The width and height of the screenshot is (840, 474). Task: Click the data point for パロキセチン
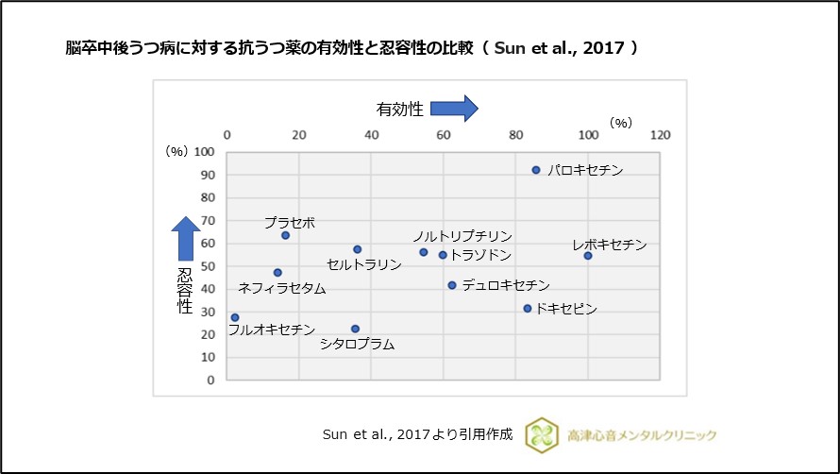[x=536, y=170]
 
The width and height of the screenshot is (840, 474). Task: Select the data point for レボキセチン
[x=587, y=256]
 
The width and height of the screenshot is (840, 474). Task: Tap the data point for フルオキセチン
[x=235, y=317]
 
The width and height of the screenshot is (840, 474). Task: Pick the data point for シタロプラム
[x=355, y=329]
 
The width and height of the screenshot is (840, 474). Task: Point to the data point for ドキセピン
[x=528, y=308]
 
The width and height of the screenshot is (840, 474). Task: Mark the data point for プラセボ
[x=285, y=235]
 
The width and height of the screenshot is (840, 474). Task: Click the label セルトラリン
[x=364, y=264]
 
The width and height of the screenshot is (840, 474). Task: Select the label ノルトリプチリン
[x=462, y=236]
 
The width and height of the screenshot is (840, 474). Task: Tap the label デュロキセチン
[x=506, y=285]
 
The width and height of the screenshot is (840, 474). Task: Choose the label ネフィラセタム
[x=282, y=288]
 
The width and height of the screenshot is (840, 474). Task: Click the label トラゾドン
[x=480, y=255]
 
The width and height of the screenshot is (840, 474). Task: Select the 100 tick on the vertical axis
[x=206, y=152]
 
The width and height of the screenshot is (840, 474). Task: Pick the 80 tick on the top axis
[x=515, y=135]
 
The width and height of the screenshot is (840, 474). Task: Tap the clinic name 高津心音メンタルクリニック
[x=642, y=434]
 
